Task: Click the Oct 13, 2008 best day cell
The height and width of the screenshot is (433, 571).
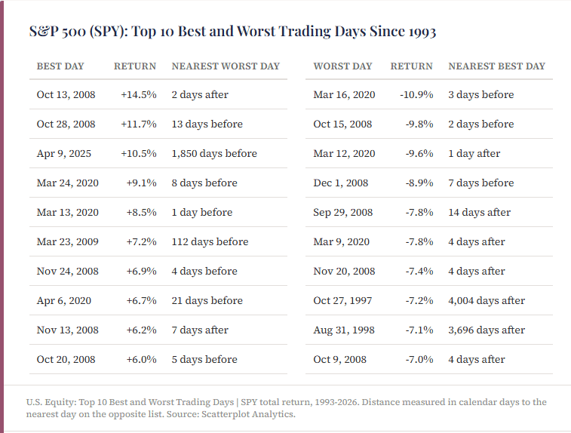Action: click(66, 95)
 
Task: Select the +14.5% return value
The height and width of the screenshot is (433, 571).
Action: click(139, 95)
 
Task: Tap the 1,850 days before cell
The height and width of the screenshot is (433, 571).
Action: click(214, 153)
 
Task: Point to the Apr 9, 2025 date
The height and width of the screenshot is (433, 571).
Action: click(63, 154)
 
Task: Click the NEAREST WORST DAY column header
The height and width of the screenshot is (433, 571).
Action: click(226, 66)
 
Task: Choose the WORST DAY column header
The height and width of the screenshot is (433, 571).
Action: click(342, 66)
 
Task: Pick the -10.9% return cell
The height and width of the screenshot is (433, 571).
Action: click(416, 95)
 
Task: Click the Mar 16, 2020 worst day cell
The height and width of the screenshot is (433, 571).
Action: click(344, 95)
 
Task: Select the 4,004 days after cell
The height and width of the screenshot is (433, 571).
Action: click(487, 300)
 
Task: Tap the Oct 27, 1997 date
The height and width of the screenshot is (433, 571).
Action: click(342, 300)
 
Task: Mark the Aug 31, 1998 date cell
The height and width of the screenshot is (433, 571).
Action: click(344, 330)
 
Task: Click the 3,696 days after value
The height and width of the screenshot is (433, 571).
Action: click(487, 330)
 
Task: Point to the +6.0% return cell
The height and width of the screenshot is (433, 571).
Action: click(141, 359)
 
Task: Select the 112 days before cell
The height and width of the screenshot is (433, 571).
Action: click(210, 242)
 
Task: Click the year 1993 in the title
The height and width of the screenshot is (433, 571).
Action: click(422, 32)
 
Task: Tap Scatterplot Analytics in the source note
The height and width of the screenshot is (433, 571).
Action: click(247, 414)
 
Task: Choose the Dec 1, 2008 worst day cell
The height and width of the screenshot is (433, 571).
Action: click(340, 183)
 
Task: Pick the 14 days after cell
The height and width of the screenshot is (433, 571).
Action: click(479, 212)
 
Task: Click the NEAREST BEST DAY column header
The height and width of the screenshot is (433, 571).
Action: click(497, 66)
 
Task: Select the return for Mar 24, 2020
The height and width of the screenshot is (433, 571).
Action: click(141, 183)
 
